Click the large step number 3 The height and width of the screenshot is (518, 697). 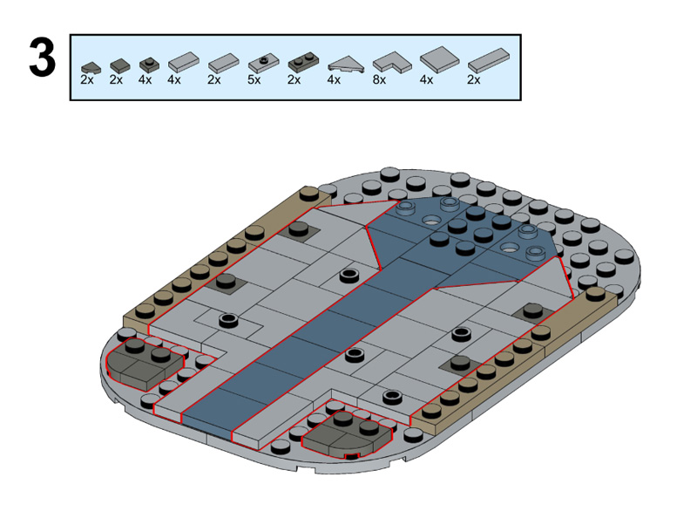(x=43, y=58)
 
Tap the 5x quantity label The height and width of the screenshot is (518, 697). (x=254, y=79)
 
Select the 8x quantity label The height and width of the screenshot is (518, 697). (x=379, y=79)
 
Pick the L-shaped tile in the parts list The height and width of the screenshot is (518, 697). (x=391, y=63)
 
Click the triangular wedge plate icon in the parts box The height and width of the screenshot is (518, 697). (x=346, y=65)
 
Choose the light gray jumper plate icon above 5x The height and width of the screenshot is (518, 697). (x=264, y=64)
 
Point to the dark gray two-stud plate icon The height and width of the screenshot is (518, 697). (x=302, y=63)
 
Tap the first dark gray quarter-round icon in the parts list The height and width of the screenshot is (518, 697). (x=91, y=68)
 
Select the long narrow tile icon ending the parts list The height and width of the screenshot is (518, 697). (x=489, y=60)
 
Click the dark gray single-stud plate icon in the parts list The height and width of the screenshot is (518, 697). (x=149, y=65)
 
